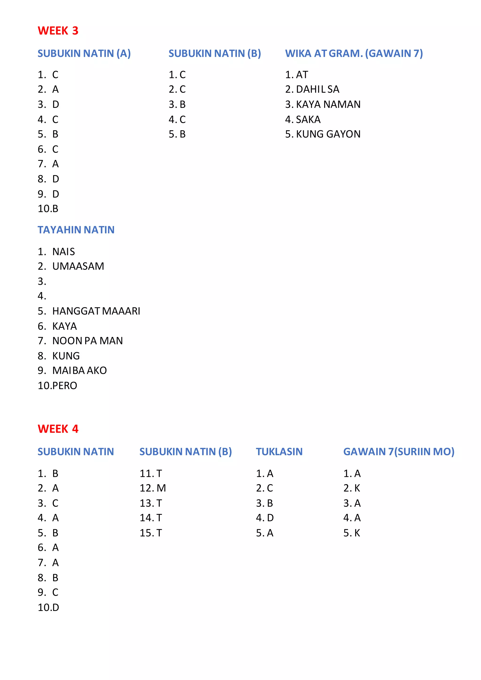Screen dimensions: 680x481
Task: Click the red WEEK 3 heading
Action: pos(58,31)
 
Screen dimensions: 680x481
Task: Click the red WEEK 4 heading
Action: pos(58,429)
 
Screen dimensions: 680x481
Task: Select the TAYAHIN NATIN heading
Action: pos(76,230)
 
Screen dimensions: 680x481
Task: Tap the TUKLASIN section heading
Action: pos(279,452)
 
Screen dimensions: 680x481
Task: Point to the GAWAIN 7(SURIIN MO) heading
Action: pos(399,452)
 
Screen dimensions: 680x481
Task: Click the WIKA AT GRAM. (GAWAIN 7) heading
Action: pos(354,54)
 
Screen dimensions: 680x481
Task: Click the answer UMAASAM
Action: pos(78,266)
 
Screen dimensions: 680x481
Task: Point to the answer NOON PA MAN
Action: pos(87,341)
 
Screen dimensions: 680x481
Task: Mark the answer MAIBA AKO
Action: pos(79,371)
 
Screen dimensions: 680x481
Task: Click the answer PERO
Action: pos(66,386)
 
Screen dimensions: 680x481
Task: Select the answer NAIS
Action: pos(63,252)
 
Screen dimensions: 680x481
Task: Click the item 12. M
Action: pos(153,488)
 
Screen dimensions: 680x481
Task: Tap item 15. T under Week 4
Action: pos(151,533)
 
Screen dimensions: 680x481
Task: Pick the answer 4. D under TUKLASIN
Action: pos(265,518)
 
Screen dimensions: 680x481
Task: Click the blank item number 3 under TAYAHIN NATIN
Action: pos(42,281)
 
